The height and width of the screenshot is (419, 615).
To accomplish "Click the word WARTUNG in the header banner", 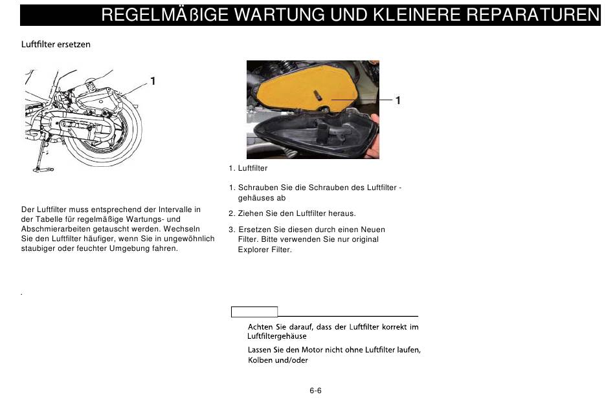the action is pyautogui.click(x=280, y=15).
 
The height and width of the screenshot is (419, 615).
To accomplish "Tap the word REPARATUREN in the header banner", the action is pyautogui.click(x=533, y=15).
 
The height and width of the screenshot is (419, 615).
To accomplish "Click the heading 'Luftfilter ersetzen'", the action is pyautogui.click(x=56, y=44).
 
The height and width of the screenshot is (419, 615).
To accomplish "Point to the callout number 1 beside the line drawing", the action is pyautogui.click(x=153, y=81).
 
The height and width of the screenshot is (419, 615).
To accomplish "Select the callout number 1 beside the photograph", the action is pyautogui.click(x=397, y=100).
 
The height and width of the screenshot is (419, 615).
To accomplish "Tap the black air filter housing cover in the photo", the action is pyautogui.click(x=314, y=133).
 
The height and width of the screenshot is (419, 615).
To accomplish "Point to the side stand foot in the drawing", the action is pyautogui.click(x=43, y=169).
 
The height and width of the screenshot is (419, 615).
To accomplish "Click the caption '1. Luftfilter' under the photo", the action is pyautogui.click(x=248, y=168).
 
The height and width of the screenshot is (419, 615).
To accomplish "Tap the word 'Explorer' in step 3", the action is pyautogui.click(x=253, y=250).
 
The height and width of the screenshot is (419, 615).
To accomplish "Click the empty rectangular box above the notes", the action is pyautogui.click(x=254, y=312).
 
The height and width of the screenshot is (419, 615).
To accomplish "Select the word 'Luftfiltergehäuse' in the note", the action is pyautogui.click(x=277, y=336).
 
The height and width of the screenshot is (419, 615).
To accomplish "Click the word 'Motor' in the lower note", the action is pyautogui.click(x=311, y=350).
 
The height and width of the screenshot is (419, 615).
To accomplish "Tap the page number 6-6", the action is pyautogui.click(x=315, y=391).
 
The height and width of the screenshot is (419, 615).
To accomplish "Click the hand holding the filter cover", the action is pyautogui.click(x=374, y=135).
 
